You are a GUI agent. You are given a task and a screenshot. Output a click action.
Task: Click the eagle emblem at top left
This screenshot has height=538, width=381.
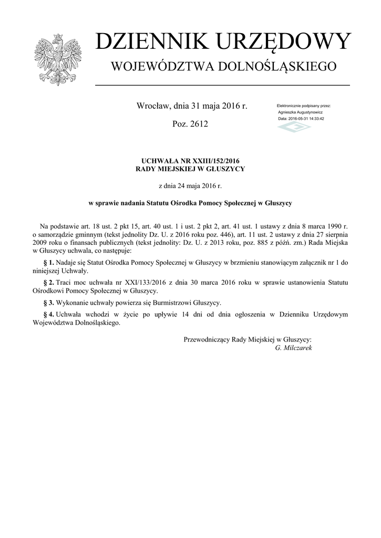click(57, 59)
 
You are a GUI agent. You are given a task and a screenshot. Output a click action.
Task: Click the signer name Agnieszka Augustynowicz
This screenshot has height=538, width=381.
click(300, 112)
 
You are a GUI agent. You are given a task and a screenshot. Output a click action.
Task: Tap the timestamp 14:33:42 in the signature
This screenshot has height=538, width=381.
click(315, 119)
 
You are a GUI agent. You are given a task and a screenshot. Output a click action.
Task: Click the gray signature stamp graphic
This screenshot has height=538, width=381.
click(294, 128)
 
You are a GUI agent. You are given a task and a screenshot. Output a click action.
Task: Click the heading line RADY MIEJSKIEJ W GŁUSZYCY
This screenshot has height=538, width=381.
click(190, 169)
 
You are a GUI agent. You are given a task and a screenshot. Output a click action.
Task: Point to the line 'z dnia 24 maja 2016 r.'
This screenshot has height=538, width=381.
click(190, 185)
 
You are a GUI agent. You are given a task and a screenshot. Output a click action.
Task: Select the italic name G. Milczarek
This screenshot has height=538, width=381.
click(293, 348)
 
